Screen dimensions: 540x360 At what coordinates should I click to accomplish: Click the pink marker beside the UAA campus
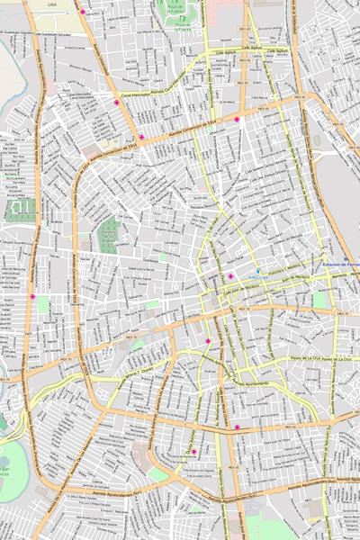[83, 12]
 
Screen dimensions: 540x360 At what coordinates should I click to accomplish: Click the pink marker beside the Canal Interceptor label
[116, 103]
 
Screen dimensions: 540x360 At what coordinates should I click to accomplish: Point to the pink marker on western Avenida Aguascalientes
[32, 296]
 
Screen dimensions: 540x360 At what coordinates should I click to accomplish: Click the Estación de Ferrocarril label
[337, 265]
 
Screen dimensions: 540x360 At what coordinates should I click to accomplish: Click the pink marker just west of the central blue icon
[230, 275]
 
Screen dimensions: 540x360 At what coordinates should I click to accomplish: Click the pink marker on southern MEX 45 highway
[237, 427]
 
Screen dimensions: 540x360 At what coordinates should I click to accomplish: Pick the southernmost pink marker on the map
[193, 451]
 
